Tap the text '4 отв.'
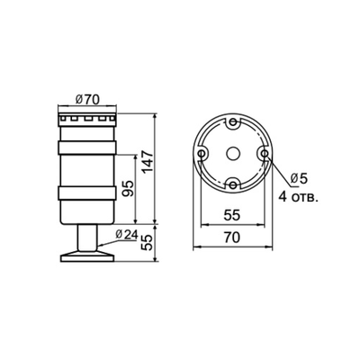(x=299, y=194)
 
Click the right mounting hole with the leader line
(x=264, y=153)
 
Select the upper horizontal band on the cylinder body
(x=87, y=145)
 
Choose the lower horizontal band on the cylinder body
(x=87, y=193)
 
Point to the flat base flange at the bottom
(x=87, y=258)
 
